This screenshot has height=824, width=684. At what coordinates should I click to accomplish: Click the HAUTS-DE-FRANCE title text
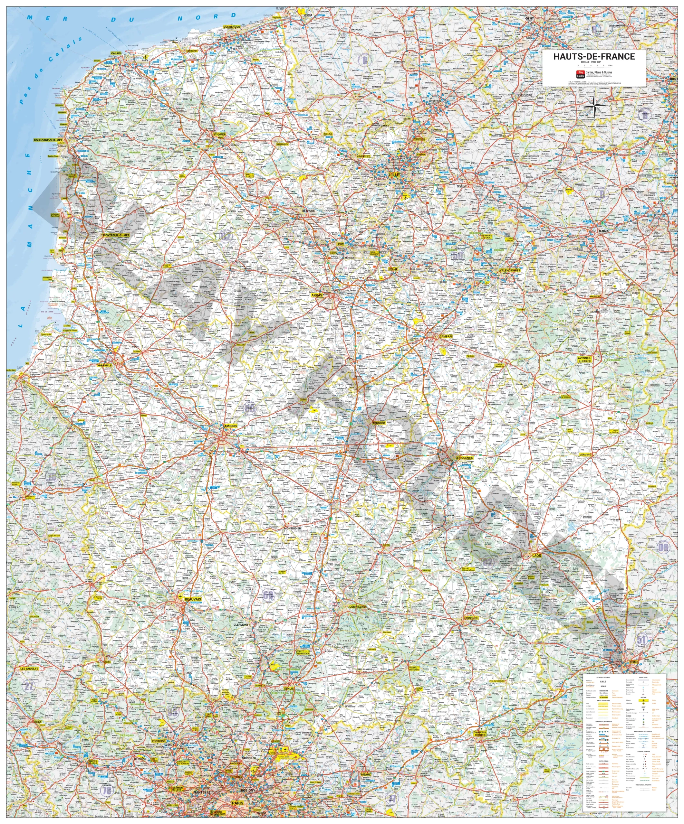click(594, 57)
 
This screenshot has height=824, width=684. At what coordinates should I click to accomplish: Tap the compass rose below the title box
click(594, 106)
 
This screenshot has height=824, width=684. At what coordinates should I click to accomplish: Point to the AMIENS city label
click(230, 426)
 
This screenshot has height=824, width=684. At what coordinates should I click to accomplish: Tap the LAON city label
click(536, 555)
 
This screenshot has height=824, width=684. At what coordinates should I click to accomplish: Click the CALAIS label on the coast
click(116, 53)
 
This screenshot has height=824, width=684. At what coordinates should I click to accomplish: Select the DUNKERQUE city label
click(231, 27)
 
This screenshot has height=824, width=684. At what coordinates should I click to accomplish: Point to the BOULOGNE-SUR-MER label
click(48, 140)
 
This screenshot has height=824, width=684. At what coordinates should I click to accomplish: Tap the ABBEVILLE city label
click(104, 365)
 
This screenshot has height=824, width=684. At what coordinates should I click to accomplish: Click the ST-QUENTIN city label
click(465, 457)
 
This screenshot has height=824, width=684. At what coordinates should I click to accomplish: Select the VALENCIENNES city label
click(510, 270)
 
